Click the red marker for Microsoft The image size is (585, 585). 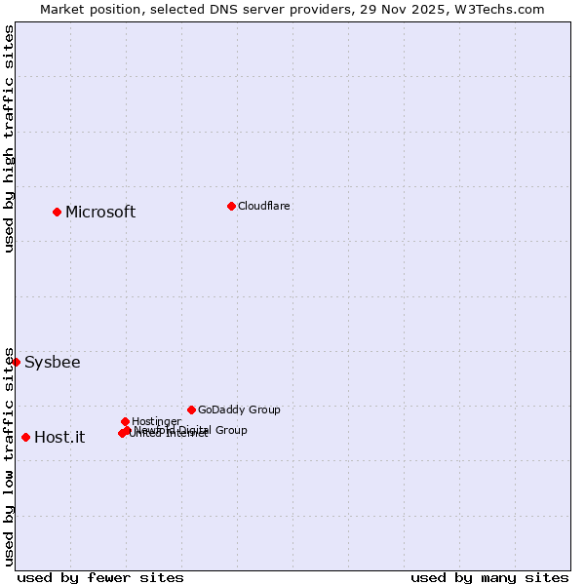(58, 212)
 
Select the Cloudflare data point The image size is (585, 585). (231, 206)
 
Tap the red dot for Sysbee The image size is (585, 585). (16, 362)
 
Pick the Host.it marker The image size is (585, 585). (25, 437)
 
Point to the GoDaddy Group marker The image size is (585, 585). (191, 409)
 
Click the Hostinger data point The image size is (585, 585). (125, 421)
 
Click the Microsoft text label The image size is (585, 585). (100, 213)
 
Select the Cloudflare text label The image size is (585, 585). (264, 206)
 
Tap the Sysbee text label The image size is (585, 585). (53, 363)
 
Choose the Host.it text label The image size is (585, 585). (59, 438)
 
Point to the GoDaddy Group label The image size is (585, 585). (239, 409)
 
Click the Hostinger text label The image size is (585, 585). (157, 421)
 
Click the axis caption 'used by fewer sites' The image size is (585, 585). (100, 577)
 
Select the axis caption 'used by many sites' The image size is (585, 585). (489, 577)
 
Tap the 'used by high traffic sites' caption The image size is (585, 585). (10, 138)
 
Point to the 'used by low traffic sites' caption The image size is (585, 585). (10, 456)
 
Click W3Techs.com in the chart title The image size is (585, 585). (502, 9)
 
